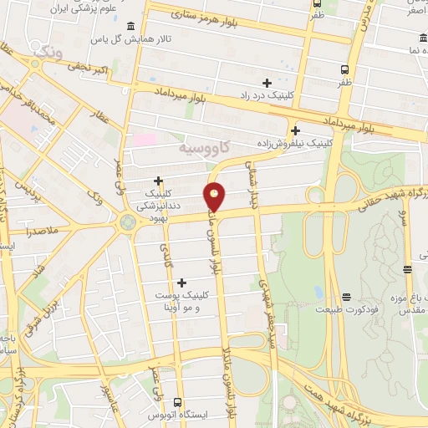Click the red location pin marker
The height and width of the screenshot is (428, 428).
pyautogui.click(x=215, y=195)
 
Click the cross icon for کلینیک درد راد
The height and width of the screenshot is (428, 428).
pyautogui.click(x=267, y=83)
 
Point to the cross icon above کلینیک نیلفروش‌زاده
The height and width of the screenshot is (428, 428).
pyautogui.click(x=295, y=130)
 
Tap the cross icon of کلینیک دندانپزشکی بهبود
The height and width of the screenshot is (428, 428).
pyautogui.click(x=158, y=181)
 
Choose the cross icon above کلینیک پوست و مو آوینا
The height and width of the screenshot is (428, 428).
pyautogui.click(x=181, y=283)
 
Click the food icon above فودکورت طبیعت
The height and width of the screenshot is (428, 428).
pyautogui.click(x=346, y=297)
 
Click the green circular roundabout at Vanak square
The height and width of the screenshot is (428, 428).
pyautogui.click(x=128, y=222)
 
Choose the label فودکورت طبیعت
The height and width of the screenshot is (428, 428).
pyautogui.click(x=346, y=310)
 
